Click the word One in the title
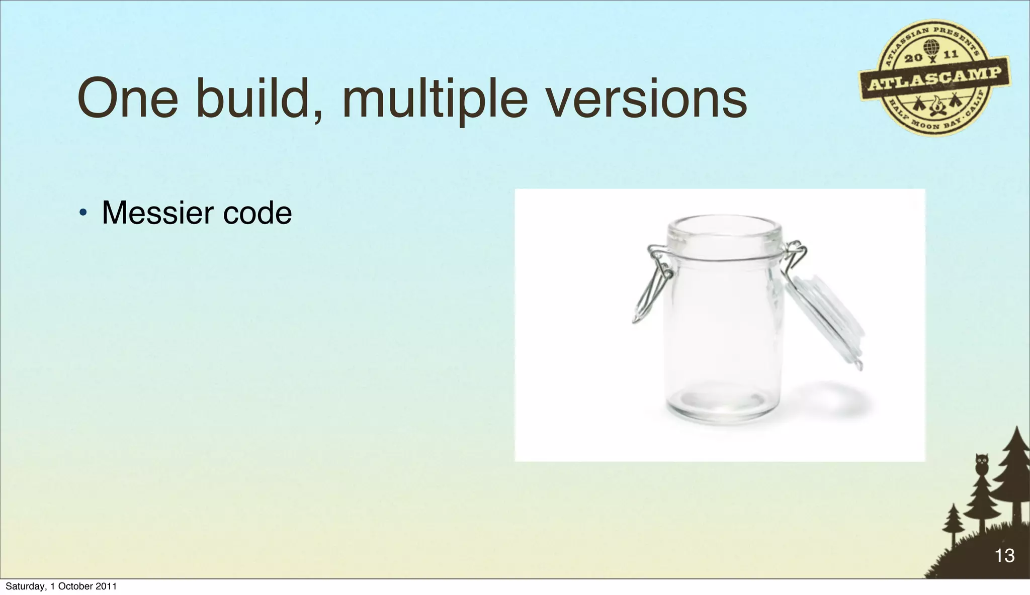pyautogui.click(x=128, y=98)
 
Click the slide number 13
pyautogui.click(x=1004, y=556)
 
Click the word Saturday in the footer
pyautogui.click(x=26, y=586)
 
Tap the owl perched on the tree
pyautogui.click(x=981, y=464)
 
